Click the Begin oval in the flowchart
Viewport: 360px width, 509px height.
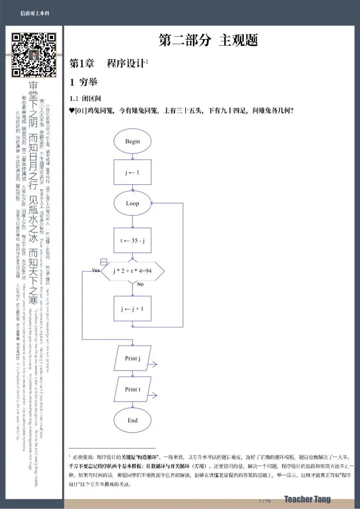[132, 141]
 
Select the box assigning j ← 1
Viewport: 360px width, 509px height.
[132, 172]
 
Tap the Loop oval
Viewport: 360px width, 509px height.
[132, 203]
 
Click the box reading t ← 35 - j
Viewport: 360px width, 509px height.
[132, 240]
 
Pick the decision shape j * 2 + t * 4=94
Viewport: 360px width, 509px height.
[132, 271]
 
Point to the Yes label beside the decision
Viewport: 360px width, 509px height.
[96, 270]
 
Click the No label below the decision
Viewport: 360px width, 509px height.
[140, 284]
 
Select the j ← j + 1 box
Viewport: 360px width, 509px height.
[132, 309]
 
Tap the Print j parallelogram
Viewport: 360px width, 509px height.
[132, 358]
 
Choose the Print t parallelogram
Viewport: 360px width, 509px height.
[132, 389]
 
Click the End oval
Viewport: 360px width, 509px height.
[132, 420]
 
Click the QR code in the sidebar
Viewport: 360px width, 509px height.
[34, 55]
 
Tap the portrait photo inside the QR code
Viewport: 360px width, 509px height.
[34, 55]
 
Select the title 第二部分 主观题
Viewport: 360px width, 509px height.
[208, 40]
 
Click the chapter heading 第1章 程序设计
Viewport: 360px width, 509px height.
[108, 63]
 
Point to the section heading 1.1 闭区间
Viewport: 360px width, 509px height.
[85, 98]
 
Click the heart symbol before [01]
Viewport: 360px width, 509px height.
[72, 110]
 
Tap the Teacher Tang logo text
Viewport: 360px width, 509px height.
[307, 499]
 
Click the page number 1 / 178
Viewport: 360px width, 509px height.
[265, 501]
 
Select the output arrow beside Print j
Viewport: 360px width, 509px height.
[152, 364]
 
